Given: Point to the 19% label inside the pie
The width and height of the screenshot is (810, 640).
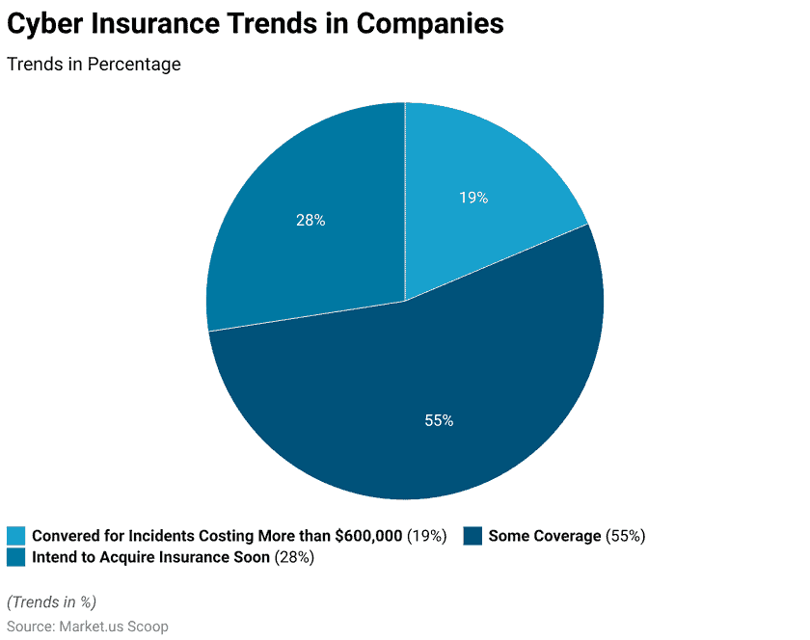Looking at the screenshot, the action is [x=473, y=198].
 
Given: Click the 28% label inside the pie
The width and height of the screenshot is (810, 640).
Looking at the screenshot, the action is [x=310, y=221].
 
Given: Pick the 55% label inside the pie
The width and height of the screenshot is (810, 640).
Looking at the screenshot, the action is [x=439, y=420].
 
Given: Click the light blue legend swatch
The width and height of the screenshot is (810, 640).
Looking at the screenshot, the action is [x=16, y=536].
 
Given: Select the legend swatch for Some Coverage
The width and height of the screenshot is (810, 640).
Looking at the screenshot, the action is [x=472, y=536].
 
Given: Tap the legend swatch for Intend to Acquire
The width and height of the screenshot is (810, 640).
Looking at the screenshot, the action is [x=16, y=557].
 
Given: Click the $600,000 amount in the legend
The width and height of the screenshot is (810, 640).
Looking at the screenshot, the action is [x=368, y=536].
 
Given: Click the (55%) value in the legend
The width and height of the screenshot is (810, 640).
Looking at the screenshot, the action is [x=626, y=536].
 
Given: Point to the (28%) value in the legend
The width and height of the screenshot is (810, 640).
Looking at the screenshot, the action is [x=294, y=557].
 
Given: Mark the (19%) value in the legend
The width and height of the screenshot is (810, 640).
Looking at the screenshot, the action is [x=426, y=536].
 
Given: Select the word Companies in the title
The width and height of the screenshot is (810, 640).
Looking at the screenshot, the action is [x=430, y=24].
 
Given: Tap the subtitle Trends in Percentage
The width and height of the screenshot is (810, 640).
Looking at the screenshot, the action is [x=94, y=64].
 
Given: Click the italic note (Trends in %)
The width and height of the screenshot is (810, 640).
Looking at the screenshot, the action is [x=52, y=601].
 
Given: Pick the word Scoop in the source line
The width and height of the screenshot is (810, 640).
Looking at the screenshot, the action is [x=148, y=627].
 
